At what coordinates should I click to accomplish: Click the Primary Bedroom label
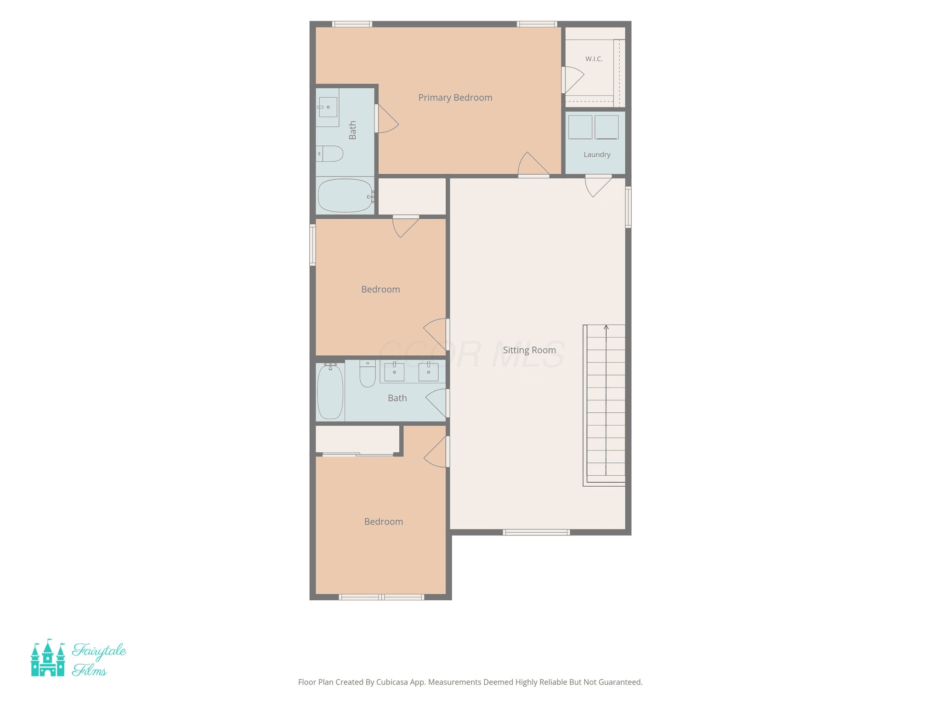coord(455,97)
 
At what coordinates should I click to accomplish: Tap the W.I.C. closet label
coord(594,59)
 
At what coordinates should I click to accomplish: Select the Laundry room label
coord(597,154)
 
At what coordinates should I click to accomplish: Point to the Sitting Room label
coord(529,350)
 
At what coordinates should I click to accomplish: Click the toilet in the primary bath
coord(330,154)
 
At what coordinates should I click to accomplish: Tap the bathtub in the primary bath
coord(346,195)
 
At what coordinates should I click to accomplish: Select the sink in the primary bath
coord(328,107)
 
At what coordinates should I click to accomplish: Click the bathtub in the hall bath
coord(330,391)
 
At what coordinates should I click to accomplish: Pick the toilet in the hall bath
coord(368,373)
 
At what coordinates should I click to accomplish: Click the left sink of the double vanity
coord(394,372)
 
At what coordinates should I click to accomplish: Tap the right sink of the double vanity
coord(428,372)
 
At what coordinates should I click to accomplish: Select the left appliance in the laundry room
coord(580,127)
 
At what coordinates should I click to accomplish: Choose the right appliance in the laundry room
coord(607,127)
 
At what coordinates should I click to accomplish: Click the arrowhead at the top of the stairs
coord(606,327)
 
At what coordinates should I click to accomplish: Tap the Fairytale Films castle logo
coord(48,658)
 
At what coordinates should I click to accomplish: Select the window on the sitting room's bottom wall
coord(536,532)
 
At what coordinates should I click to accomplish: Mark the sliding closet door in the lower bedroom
coord(358,455)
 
